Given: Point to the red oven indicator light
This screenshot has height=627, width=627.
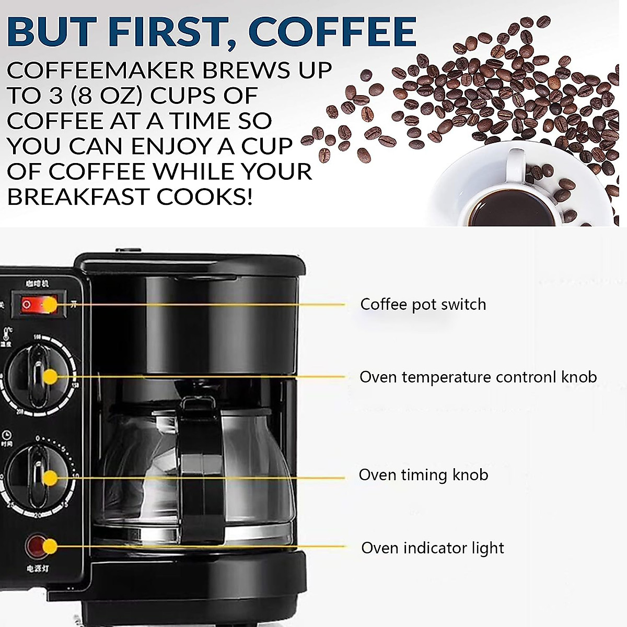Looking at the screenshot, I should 37,545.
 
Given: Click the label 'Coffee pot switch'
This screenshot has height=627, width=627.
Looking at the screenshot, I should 423,304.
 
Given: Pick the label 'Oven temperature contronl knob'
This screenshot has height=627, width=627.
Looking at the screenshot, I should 478,377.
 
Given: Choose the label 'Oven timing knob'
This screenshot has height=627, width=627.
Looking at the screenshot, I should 423,474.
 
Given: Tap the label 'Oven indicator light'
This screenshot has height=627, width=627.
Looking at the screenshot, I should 433,548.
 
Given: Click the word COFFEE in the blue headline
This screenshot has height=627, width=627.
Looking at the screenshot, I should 332,32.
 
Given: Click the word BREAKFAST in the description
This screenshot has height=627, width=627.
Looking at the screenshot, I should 78,197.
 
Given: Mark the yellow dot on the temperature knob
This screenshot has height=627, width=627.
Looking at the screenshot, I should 50,377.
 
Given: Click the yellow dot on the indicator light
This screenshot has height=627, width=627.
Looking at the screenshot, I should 50,547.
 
